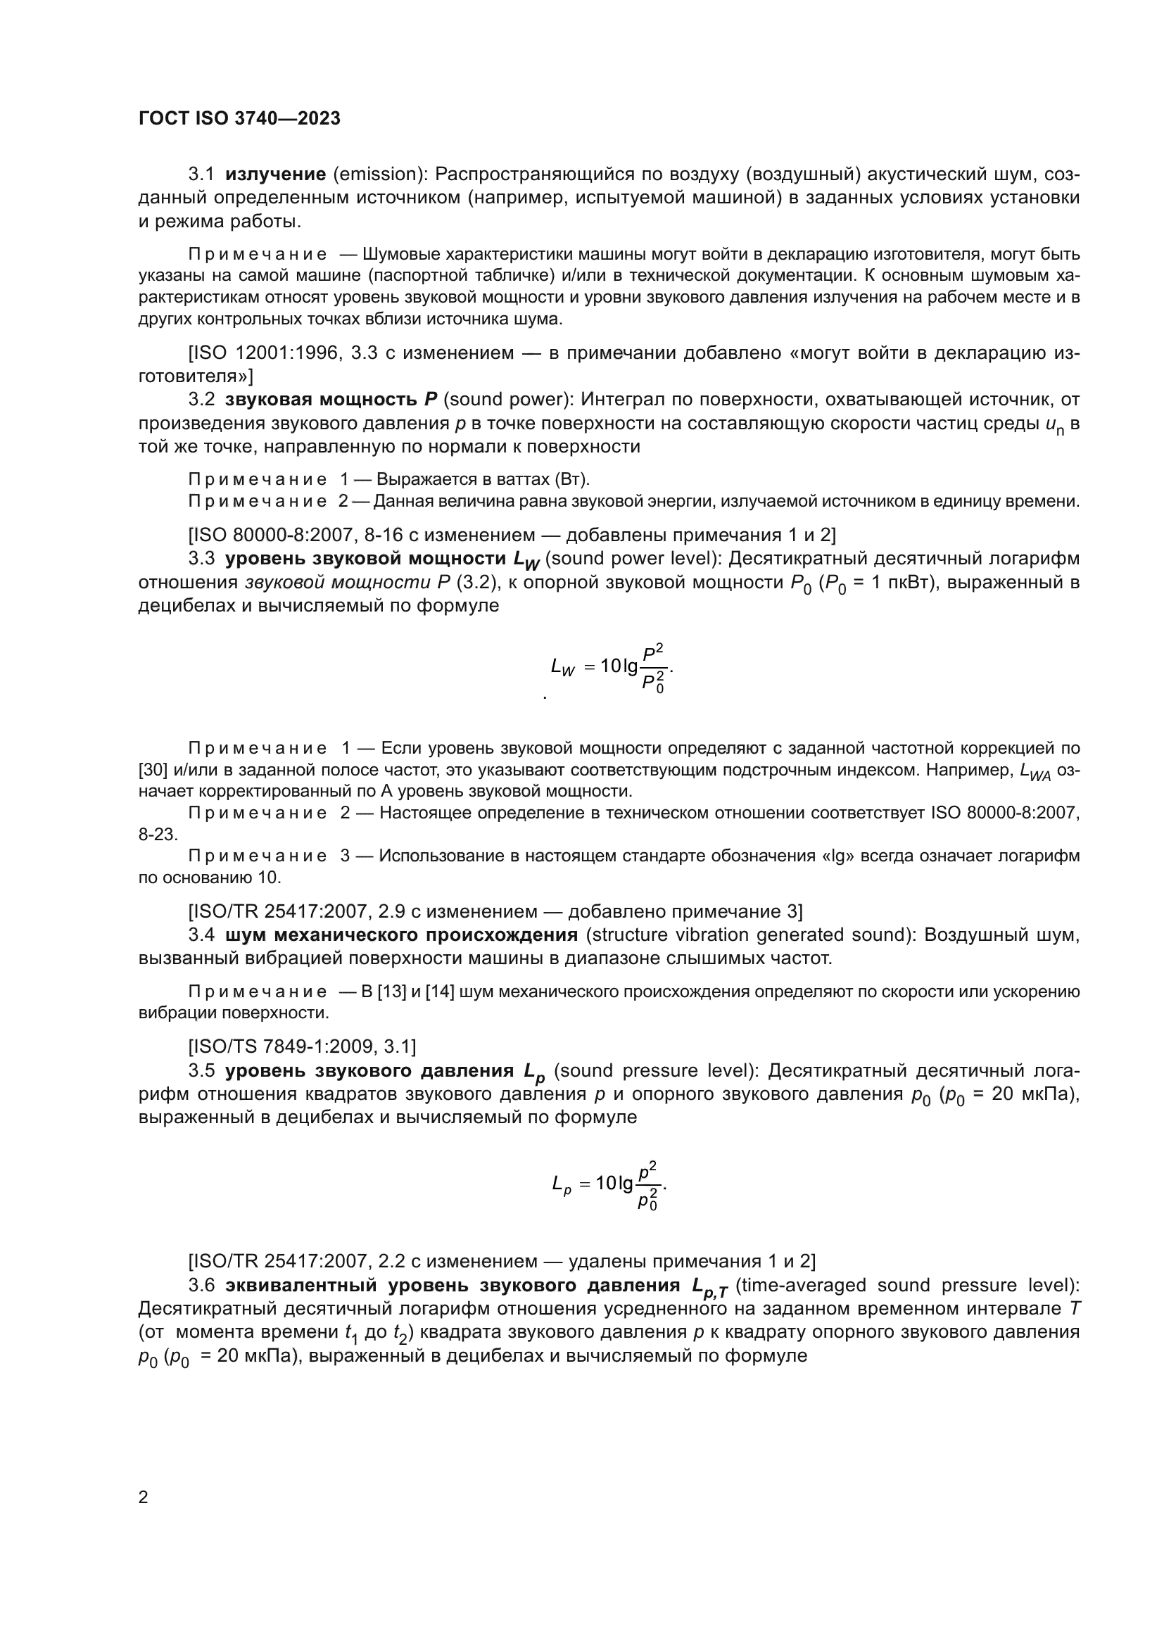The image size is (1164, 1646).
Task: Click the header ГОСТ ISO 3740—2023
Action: pyautogui.click(x=239, y=119)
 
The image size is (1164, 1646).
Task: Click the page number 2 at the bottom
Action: pyautogui.click(x=143, y=1498)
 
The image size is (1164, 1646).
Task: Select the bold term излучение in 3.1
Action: pyautogui.click(x=275, y=175)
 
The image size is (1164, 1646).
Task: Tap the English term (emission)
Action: pyautogui.click(x=379, y=175)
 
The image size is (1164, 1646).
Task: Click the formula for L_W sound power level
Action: pyautogui.click(x=612, y=667)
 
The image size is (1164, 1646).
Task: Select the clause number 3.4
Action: pyautogui.click(x=201, y=935)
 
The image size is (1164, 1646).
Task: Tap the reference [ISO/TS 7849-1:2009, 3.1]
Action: pyautogui.click(x=302, y=1046)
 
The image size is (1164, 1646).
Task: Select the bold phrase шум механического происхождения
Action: pyautogui.click(x=401, y=935)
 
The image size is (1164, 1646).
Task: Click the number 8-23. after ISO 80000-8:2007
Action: pyautogui.click(x=158, y=835)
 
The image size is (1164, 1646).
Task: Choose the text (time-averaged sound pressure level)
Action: pyautogui.click(x=906, y=1286)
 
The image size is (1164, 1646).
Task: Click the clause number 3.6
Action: pyautogui.click(x=201, y=1286)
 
